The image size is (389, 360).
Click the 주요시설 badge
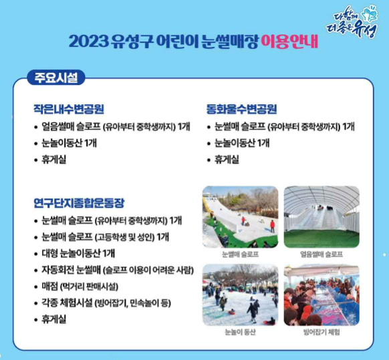point(53,77)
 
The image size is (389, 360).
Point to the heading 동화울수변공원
point(241,109)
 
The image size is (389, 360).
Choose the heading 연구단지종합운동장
point(79,202)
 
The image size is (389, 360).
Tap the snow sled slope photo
point(240,216)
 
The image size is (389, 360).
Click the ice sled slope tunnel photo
point(321,216)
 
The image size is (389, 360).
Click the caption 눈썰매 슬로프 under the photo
point(240,254)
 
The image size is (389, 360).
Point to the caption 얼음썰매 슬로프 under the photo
point(321,254)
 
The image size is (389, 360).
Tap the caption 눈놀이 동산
point(240,332)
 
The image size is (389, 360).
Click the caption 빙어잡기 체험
point(321,332)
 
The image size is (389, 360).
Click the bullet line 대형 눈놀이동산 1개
point(78,253)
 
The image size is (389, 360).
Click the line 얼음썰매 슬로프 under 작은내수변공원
point(112,126)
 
